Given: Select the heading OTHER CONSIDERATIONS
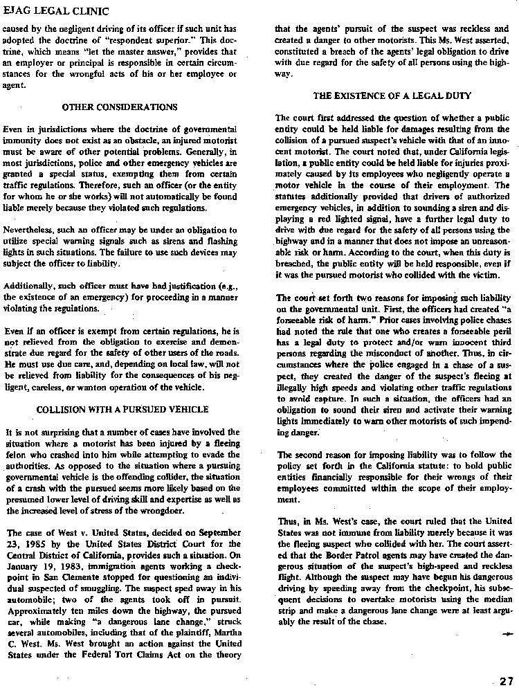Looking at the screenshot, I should [x=119, y=107].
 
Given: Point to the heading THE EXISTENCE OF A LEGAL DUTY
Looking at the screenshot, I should [x=392, y=95].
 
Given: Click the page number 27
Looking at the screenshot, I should [x=507, y=680].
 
